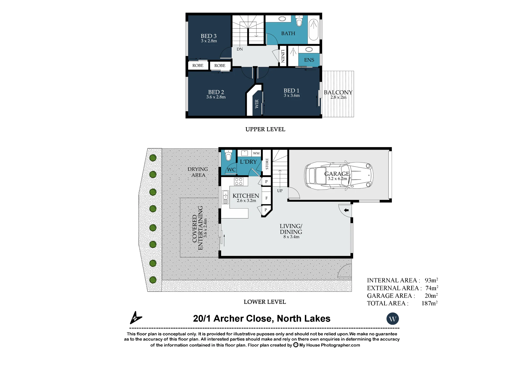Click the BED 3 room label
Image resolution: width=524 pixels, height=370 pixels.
(209, 36)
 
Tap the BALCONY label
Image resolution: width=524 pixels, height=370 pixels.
(338, 92)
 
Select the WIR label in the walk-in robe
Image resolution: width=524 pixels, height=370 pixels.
(257, 104)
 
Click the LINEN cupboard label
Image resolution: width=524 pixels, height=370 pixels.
(283, 56)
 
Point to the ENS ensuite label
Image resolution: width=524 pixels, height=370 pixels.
(309, 60)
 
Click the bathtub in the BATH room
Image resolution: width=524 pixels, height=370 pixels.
(314, 30)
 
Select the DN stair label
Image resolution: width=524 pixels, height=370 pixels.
(240, 49)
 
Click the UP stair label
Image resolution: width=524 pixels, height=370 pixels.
(280, 191)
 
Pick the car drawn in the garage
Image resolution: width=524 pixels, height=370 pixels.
(339, 175)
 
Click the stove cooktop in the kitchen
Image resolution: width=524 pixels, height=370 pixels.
(239, 182)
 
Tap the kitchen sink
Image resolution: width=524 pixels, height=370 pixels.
(225, 197)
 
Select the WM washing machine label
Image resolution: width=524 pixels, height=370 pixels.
(256, 153)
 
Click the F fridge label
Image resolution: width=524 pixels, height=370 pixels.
(266, 198)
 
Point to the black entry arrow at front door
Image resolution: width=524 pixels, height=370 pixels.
(346, 210)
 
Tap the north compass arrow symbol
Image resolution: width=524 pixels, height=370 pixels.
(135, 318)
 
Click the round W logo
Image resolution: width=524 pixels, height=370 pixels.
(392, 319)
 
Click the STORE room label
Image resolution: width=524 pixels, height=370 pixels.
(267, 164)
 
